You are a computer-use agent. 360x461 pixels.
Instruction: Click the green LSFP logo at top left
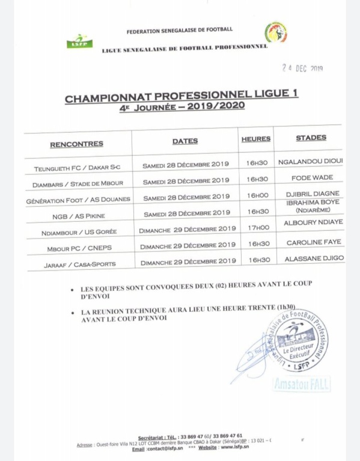coord(79,41)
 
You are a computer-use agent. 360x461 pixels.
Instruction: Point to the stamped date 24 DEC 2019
coord(302,69)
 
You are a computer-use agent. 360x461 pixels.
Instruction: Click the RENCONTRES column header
coord(76,144)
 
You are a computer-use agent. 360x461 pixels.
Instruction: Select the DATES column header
coord(185,141)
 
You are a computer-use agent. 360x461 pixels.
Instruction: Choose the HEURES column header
coord(255,139)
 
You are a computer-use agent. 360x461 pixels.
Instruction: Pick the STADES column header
coord(311,138)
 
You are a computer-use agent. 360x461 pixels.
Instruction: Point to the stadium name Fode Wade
coord(312,177)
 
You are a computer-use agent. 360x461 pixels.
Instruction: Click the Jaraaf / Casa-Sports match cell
coord(81,264)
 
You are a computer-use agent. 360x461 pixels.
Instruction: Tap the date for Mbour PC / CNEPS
coord(188,245)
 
